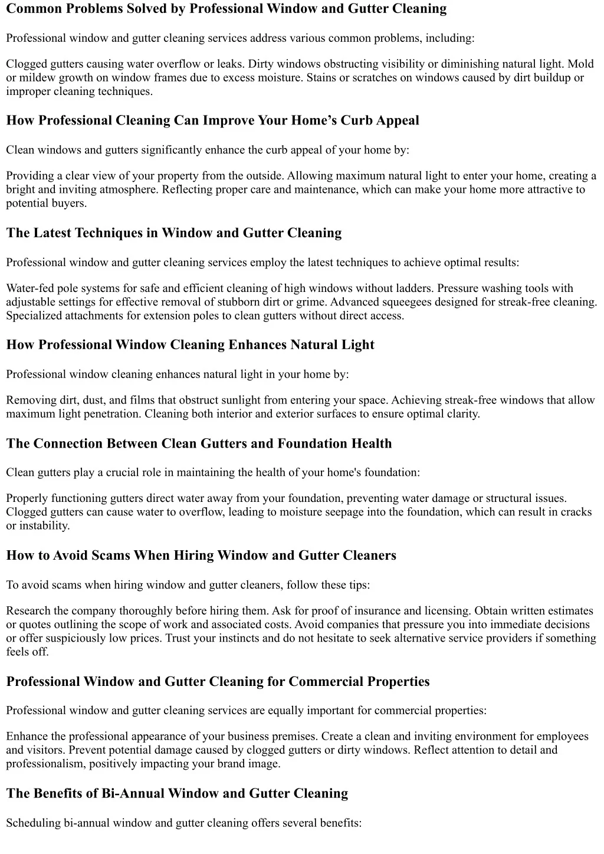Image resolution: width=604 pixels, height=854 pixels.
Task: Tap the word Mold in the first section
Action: click(x=580, y=64)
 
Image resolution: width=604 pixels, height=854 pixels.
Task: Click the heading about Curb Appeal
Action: click(x=212, y=121)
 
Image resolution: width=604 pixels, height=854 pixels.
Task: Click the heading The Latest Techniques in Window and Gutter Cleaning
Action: click(x=174, y=233)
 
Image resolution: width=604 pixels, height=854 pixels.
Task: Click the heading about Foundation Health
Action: click(x=199, y=444)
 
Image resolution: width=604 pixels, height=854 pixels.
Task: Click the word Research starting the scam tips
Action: click(x=28, y=611)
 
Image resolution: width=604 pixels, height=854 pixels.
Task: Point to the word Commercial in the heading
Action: click(x=326, y=682)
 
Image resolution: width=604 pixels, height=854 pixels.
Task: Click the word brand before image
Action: click(x=229, y=764)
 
